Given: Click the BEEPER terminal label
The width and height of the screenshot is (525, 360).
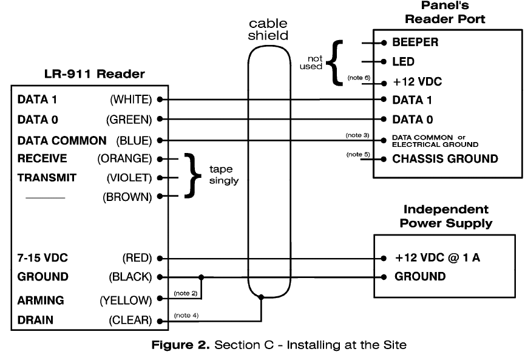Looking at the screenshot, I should [x=415, y=43].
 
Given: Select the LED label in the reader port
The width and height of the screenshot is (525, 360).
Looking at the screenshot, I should [x=403, y=62].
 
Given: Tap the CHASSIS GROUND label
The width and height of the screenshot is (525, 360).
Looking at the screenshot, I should [x=445, y=159].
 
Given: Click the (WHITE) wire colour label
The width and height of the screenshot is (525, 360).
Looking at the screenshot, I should [x=131, y=99].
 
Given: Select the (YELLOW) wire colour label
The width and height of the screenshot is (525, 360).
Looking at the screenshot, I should [x=125, y=300].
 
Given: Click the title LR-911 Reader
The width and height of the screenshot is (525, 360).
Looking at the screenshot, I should [x=95, y=75].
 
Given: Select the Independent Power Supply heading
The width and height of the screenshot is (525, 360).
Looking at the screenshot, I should [x=445, y=216].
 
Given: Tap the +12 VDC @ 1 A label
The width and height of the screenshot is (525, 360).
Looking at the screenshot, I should [x=437, y=257].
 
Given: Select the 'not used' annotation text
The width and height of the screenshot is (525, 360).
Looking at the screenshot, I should [x=311, y=63].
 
